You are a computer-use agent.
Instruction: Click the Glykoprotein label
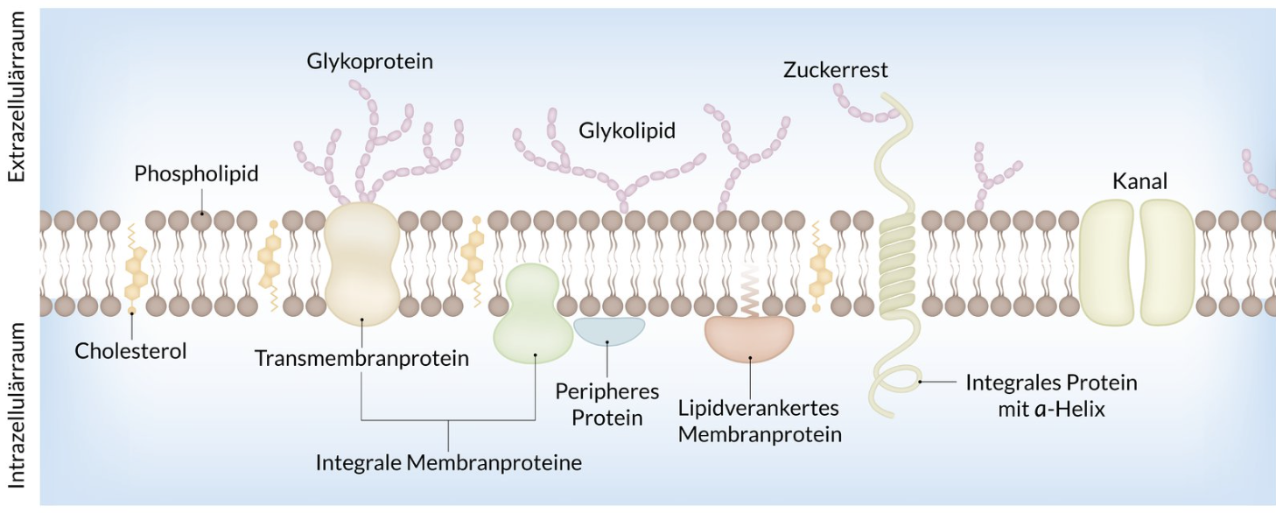[x=369, y=61]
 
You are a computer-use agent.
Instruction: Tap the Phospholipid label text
[x=196, y=173]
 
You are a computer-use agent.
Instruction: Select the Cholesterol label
[x=130, y=351]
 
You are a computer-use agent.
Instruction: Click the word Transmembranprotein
[x=361, y=358]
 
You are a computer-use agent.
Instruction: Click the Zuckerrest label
[x=835, y=70]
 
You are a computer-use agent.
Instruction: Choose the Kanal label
[x=1139, y=181]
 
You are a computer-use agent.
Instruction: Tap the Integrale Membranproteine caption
[x=448, y=462]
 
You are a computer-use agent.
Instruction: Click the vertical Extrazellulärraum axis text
[x=18, y=96]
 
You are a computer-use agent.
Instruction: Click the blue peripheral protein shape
[x=609, y=330]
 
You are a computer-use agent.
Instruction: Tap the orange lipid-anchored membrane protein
[x=749, y=338]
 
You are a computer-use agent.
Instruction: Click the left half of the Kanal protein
[x=1107, y=262]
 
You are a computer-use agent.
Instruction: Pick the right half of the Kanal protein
[x=1167, y=262]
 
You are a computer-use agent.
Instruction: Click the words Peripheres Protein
[x=606, y=404]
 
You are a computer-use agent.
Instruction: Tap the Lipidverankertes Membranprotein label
[x=759, y=421]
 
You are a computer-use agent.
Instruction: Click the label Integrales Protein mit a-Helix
[x=1051, y=395]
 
